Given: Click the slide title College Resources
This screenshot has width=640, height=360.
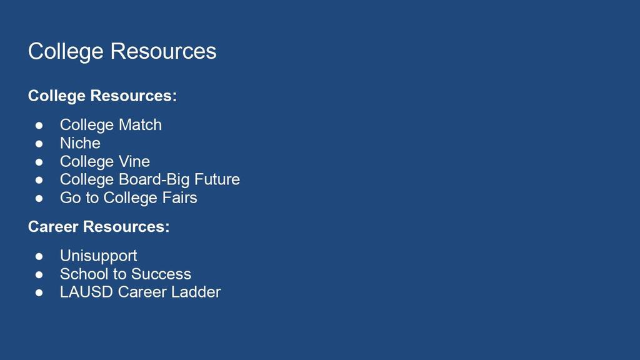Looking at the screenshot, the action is [x=122, y=52].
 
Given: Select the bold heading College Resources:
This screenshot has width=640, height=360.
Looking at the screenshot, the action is [x=102, y=96].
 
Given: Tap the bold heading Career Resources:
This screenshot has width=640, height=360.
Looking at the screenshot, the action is [x=99, y=226].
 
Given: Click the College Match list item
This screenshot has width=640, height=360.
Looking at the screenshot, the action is [x=111, y=125].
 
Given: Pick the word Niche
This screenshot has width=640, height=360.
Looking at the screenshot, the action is [x=80, y=143].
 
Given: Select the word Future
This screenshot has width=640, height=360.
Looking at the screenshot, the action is [x=217, y=179].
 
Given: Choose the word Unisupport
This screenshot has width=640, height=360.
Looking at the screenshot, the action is [x=98, y=256].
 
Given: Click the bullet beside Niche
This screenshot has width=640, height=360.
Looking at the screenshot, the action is [x=39, y=144].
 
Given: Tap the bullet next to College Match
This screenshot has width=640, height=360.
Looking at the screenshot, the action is [x=39, y=125].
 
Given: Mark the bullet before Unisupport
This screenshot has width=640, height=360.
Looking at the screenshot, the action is [x=39, y=256].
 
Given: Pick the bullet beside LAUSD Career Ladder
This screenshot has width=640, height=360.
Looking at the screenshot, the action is [x=39, y=292].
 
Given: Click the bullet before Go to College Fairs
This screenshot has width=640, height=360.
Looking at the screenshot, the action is [x=39, y=198].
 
